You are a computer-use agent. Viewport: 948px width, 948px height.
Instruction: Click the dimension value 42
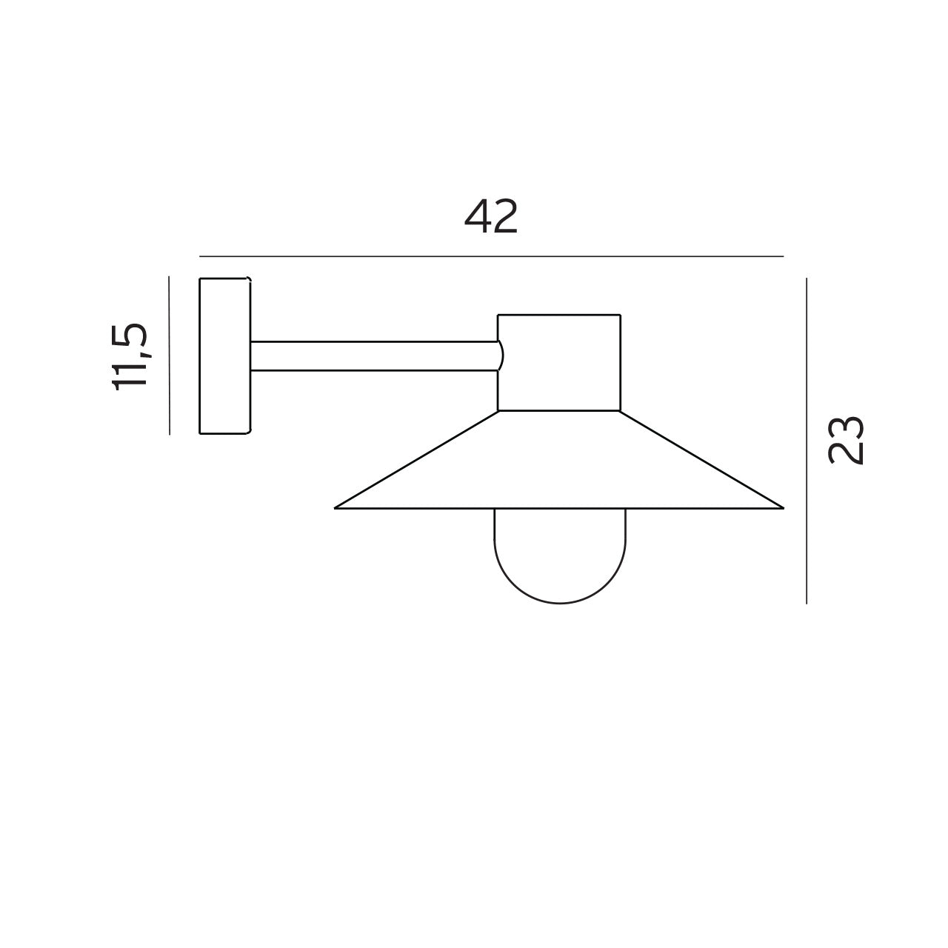click(x=491, y=217)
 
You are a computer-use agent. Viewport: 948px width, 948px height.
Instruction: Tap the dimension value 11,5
click(x=131, y=356)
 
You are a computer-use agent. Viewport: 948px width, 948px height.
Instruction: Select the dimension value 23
click(x=846, y=440)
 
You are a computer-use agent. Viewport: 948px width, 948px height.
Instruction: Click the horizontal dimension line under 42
click(x=491, y=256)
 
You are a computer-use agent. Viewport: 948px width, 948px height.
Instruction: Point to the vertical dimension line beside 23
click(x=807, y=441)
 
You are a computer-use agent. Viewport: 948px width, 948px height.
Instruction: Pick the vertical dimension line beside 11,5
click(x=170, y=355)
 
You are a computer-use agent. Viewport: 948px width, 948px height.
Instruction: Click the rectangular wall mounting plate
click(x=224, y=355)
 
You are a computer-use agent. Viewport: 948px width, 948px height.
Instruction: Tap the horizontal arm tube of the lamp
click(x=374, y=355)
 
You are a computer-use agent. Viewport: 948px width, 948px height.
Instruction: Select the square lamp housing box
click(x=559, y=362)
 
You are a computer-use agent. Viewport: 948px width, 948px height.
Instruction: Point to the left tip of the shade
click(x=337, y=507)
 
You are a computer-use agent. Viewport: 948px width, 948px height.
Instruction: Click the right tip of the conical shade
click(x=781, y=507)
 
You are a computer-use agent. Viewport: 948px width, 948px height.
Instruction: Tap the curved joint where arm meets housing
click(x=501, y=355)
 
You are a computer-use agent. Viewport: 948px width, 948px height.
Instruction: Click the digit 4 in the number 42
click(x=478, y=217)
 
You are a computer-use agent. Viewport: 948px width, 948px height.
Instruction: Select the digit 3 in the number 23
click(x=846, y=428)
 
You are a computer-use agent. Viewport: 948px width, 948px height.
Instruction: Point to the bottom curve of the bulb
click(x=560, y=602)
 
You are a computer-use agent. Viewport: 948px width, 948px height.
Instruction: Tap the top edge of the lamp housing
click(x=559, y=315)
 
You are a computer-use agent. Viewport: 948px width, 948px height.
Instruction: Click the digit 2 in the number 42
click(x=505, y=217)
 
